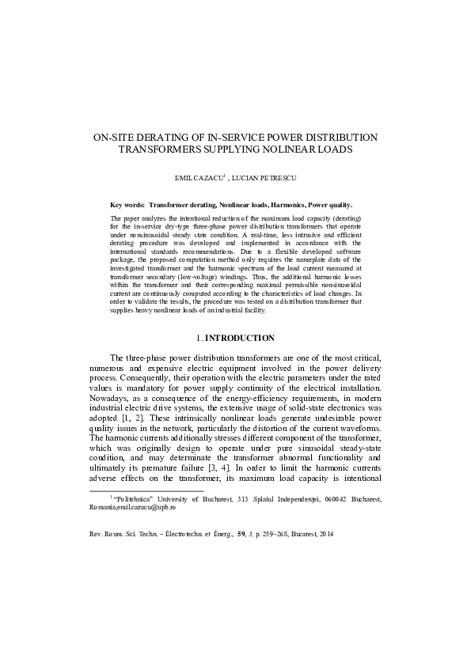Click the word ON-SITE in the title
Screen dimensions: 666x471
coord(116,137)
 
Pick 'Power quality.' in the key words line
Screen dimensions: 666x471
coord(330,204)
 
